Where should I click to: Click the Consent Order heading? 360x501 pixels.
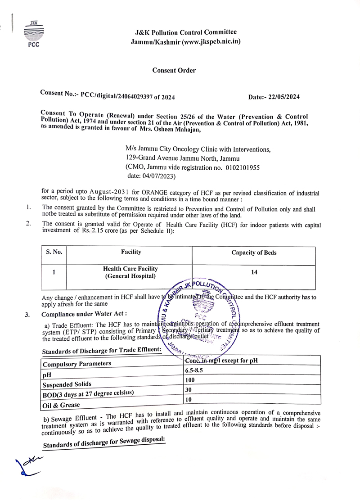pos(174,70)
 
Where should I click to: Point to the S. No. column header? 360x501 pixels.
pos(54,253)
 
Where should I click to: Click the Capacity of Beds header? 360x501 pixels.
pos(254,253)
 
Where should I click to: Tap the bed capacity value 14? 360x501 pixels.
pos(255,272)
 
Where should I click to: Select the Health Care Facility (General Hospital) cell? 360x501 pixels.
pos(130,272)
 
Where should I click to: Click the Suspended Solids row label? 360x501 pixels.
pos(67,384)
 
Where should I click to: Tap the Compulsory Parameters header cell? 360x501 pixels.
pos(76,363)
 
